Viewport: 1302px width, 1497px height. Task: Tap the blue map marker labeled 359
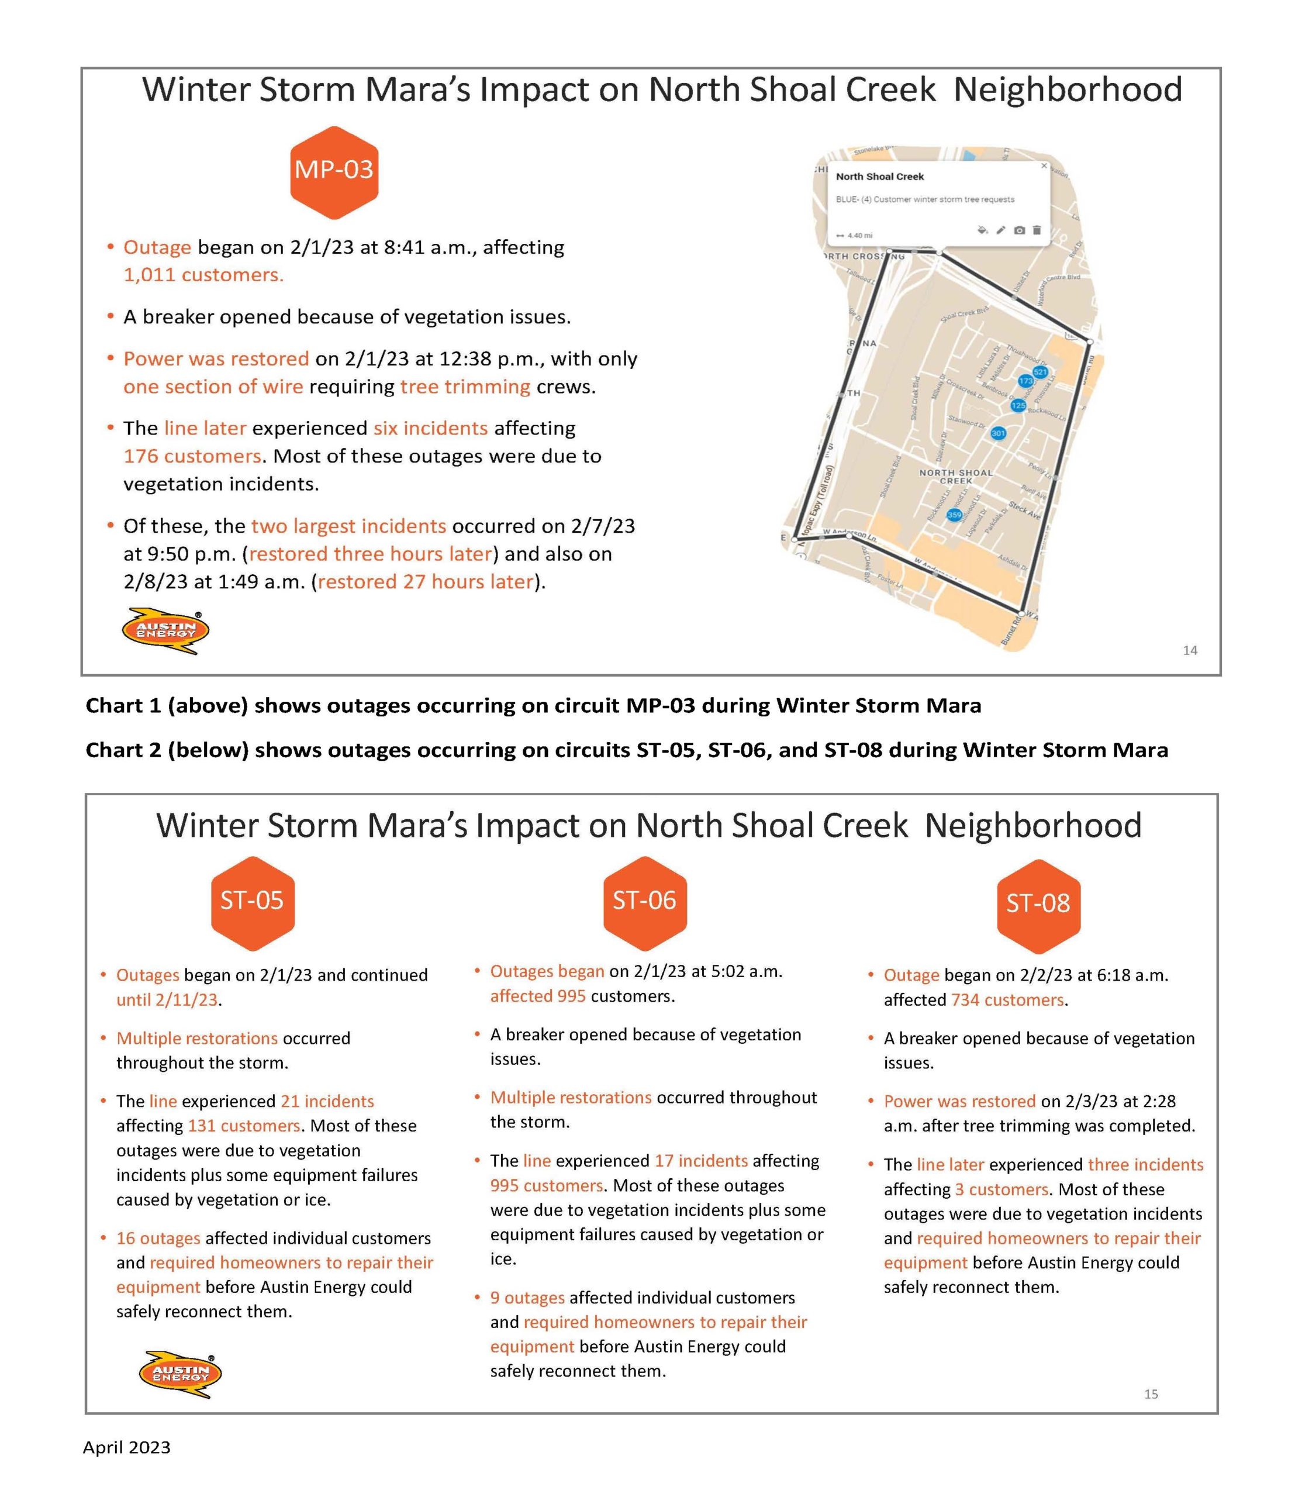click(954, 515)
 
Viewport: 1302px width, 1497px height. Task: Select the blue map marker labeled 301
click(999, 433)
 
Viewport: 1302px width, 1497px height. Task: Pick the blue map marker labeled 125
click(1018, 405)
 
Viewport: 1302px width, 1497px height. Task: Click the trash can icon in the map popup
click(1037, 230)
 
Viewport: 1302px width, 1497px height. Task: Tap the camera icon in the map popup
click(1020, 230)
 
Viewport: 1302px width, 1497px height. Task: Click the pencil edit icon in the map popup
click(1000, 230)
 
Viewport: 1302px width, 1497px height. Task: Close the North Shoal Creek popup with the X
click(1044, 165)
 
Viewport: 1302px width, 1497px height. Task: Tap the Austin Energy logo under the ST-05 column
click(180, 1374)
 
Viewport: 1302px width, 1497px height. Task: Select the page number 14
click(1189, 650)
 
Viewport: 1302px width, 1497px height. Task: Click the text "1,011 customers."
click(203, 275)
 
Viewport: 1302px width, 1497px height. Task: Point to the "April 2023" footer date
click(126, 1447)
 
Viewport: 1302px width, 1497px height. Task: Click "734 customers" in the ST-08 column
click(1007, 1000)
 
